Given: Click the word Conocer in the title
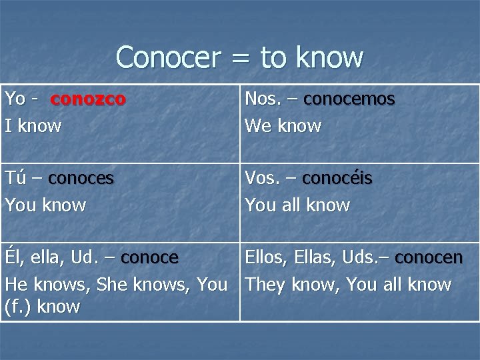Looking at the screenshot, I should tap(167, 57).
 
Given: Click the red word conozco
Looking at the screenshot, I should tap(88, 99).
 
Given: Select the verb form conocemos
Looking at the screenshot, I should tap(349, 99).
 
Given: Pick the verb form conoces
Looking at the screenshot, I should tap(81, 179).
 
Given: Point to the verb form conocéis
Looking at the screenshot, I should tap(337, 179).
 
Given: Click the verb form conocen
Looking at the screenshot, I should tap(429, 258).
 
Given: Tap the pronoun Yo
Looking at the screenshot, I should tap(15, 99).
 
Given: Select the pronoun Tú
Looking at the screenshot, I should tap(15, 178).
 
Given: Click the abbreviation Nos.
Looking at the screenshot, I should tap(262, 99).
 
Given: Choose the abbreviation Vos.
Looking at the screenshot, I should tap(261, 179).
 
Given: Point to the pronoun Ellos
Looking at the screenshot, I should tap(264, 258).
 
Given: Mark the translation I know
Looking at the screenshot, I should tap(33, 125).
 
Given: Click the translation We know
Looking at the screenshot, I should tap(283, 125).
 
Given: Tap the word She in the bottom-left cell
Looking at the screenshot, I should tap(113, 285).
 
